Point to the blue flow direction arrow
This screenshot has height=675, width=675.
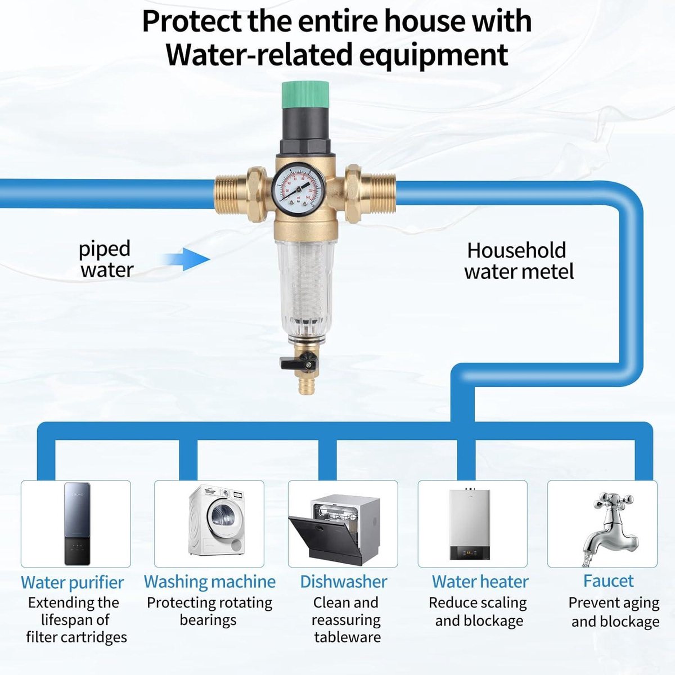(185, 259)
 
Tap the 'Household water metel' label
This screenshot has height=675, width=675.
(519, 261)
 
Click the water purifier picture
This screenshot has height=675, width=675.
(77, 524)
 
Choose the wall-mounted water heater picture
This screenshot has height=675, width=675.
(470, 523)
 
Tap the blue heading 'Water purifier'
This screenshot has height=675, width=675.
(72, 583)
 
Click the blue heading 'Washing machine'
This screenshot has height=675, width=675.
(209, 582)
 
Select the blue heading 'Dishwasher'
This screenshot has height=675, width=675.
(343, 582)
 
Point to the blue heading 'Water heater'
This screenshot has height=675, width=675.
(480, 582)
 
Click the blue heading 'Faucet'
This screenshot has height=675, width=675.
(608, 581)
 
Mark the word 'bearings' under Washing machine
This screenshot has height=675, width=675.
(208, 620)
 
